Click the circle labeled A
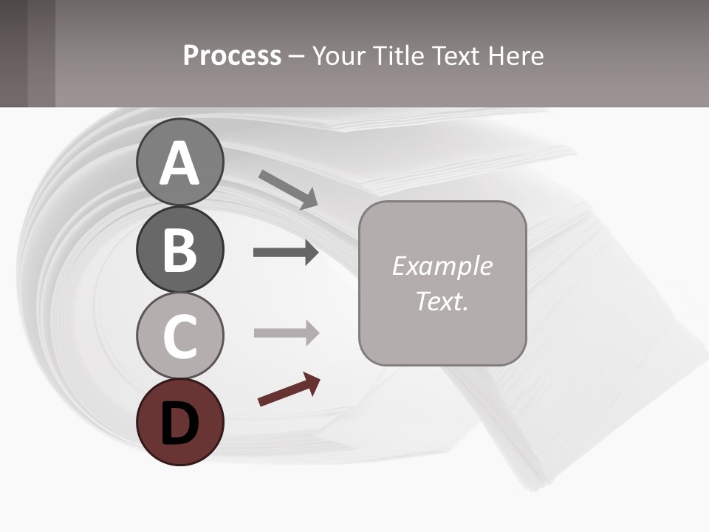[179, 162]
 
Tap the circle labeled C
[179, 335]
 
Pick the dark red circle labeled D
[179, 422]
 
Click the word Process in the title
[232, 56]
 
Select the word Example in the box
[442, 266]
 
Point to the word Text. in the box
[442, 301]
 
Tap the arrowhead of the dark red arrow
[313, 383]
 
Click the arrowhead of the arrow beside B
[311, 253]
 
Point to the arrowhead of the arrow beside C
[311, 333]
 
